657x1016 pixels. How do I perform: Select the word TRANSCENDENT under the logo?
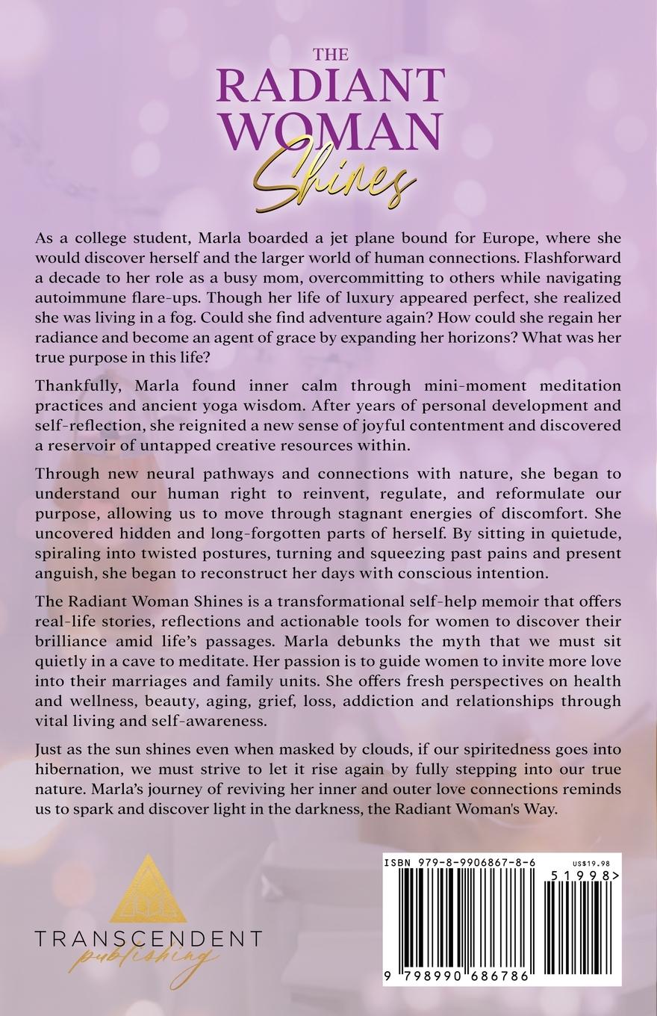pyautogui.click(x=148, y=938)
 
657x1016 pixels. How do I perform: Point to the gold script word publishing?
pyautogui.click(x=145, y=959)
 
